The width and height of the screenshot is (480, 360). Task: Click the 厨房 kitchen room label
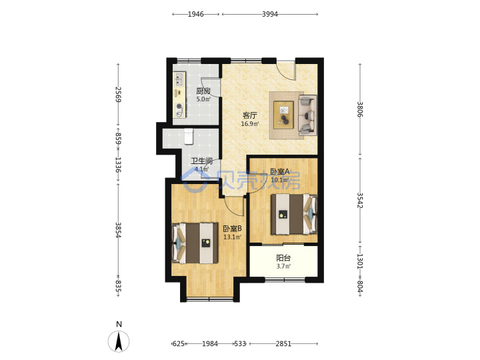203,91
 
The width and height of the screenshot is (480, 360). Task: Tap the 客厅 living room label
249,116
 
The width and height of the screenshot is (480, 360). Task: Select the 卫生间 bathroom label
202,161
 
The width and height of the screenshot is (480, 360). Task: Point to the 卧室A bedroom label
279,172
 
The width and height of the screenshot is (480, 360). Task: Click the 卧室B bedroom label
233,229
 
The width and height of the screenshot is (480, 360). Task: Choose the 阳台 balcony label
283,259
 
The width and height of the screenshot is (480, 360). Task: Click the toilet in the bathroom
189,136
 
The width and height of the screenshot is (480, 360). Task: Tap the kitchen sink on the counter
179,79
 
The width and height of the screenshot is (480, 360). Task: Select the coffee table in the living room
283,115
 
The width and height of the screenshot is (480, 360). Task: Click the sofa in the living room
307,115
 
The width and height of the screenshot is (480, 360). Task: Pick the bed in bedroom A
294,214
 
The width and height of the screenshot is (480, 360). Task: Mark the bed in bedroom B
195,243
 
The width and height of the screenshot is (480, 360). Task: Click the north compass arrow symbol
119,341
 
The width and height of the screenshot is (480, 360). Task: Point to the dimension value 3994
270,14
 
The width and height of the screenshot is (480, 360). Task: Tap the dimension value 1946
195,14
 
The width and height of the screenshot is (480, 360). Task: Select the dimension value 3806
360,109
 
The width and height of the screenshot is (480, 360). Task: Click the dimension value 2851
283,344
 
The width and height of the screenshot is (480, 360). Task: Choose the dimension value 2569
118,95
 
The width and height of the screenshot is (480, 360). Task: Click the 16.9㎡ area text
250,124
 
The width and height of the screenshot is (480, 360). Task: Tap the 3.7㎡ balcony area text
283,266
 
